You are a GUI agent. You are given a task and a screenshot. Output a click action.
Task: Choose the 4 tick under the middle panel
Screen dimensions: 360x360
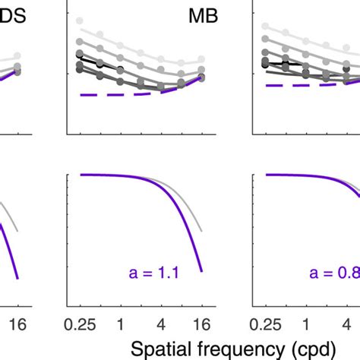click(x=162, y=322)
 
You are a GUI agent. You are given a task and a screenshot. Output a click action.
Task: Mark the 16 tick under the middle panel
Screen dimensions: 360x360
click(x=201, y=322)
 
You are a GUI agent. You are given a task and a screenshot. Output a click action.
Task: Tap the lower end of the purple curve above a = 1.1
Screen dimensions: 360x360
click(x=201, y=270)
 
